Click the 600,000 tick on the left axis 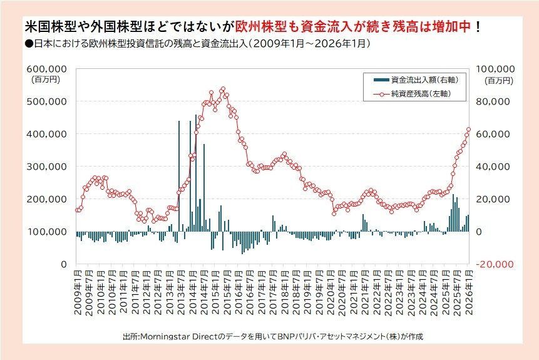click(48, 68)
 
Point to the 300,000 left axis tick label click(48, 167)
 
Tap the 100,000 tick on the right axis click(495, 68)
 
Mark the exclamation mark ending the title click(478, 28)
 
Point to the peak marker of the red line click(223, 89)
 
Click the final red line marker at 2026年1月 click(468, 130)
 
